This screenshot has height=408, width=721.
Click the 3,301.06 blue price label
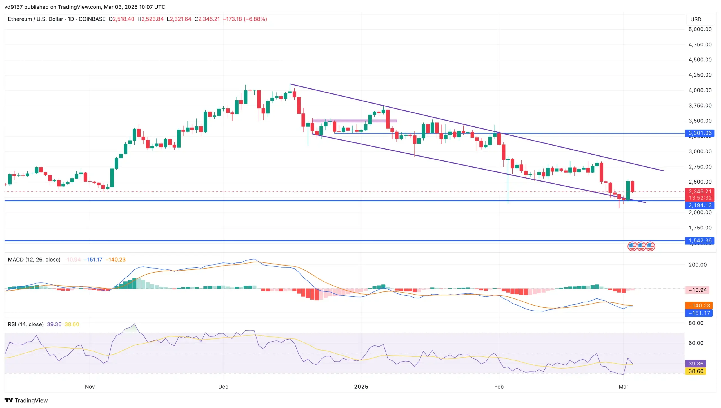700,133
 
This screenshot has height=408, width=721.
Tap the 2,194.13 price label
700,205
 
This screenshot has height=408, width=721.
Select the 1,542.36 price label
700,240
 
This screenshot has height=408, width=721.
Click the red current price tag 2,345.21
700,191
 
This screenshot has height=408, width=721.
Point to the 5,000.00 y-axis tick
700,29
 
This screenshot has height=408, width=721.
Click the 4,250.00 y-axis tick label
700,75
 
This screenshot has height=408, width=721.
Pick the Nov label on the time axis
90,387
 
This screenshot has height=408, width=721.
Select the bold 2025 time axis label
361,387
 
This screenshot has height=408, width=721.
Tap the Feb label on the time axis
499,387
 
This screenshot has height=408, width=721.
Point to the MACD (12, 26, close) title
34,260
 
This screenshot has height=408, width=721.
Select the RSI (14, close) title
26,324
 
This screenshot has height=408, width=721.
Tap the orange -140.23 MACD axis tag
699,305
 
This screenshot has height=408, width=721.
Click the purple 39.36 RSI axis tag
696,364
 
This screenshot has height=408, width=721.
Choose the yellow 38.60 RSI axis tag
696,371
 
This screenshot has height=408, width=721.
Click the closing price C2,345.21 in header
207,19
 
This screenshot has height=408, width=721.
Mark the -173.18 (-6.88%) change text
245,19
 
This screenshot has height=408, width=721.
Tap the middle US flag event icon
641,246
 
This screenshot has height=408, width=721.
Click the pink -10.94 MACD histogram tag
697,290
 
